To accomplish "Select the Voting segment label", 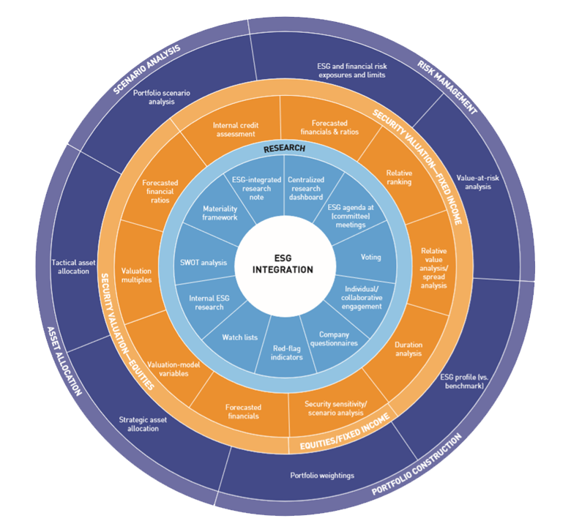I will [x=371, y=258].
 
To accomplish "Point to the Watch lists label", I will [x=239, y=337].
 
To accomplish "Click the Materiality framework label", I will [x=220, y=212].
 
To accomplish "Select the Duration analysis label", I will [x=408, y=349].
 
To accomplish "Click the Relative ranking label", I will [x=399, y=178].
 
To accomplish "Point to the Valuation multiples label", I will [x=136, y=274].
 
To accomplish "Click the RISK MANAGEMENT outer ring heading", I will [x=447, y=88].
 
